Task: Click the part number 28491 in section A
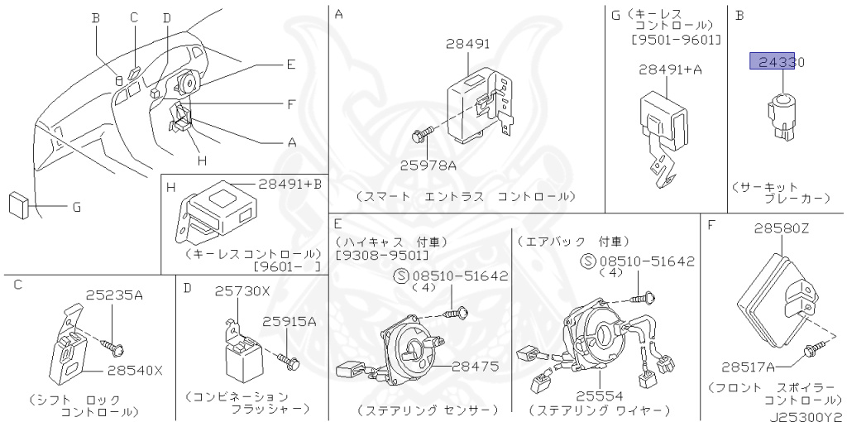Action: tap(467, 44)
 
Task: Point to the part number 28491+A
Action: tap(670, 70)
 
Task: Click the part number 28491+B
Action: tap(284, 184)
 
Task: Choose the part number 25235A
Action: tap(115, 295)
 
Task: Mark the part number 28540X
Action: tap(136, 371)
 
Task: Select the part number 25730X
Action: tap(242, 291)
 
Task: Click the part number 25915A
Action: tap(289, 321)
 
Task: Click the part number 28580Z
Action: tap(782, 228)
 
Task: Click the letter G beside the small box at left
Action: tap(76, 207)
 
